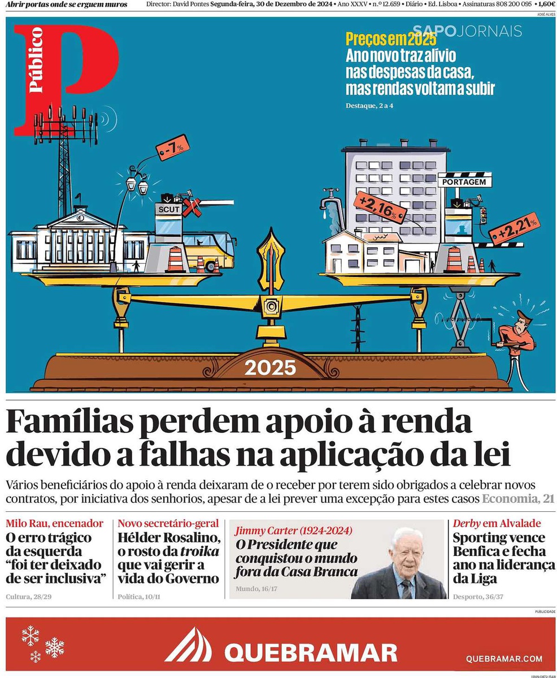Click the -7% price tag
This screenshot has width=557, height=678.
173,147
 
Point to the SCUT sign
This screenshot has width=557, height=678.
168,209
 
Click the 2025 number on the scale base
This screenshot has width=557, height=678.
270,368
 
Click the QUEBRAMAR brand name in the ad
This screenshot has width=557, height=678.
310,653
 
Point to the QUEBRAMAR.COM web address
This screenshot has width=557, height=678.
504,659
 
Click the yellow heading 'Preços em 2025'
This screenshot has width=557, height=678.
390,41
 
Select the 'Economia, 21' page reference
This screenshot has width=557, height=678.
517,499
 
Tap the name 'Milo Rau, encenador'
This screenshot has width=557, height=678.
55,523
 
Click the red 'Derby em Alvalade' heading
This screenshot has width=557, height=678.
497,523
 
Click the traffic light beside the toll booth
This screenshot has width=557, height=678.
482,215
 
